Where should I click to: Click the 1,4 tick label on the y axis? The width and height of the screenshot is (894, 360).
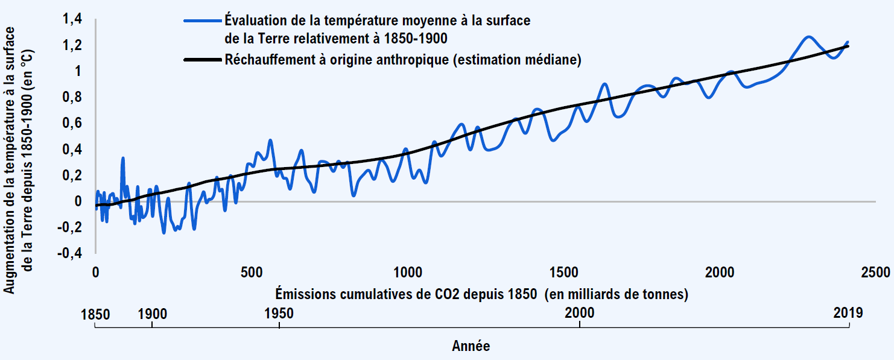(72, 20)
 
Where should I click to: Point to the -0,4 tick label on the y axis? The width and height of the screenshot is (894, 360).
(70, 254)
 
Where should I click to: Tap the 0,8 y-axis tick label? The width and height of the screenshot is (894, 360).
(72, 98)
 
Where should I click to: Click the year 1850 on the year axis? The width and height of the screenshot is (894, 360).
(95, 314)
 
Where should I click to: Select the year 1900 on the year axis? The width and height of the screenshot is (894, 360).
(152, 314)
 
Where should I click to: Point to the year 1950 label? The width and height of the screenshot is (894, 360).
(279, 314)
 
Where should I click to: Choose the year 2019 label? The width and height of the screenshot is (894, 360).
(849, 314)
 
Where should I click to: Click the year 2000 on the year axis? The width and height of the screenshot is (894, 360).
(580, 314)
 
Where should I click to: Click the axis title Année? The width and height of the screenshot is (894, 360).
(471, 347)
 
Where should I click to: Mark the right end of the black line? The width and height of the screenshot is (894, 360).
(848, 46)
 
